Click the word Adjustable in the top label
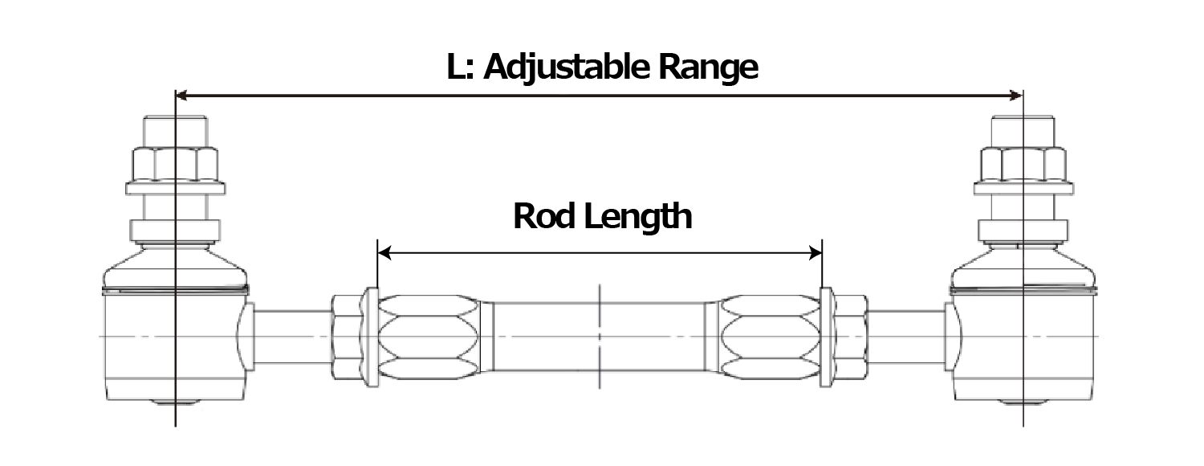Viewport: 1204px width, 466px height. click(568, 68)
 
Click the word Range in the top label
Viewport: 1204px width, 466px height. click(708, 68)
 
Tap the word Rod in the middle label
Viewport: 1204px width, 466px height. click(543, 216)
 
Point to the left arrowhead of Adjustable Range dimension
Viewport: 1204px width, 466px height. click(181, 96)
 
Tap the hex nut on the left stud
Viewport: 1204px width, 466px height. click(174, 164)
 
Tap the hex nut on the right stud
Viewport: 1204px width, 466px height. click(1023, 164)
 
